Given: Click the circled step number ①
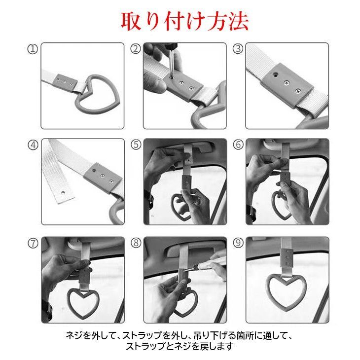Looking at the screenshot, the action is (33, 49).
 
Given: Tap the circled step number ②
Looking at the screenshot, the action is (136, 49).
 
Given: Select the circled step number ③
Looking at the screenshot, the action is (238, 49).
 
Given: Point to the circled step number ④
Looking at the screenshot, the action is (33, 145).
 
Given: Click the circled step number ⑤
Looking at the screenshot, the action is (136, 144).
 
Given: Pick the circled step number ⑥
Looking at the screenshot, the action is (238, 144).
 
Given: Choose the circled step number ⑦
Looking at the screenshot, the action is (33, 243).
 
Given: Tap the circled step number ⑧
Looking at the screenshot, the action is (136, 243).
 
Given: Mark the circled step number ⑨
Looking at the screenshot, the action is (238, 243).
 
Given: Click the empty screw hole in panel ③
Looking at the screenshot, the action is (275, 74).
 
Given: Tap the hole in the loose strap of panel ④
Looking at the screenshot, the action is (64, 192).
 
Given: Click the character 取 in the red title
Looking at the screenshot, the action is (131, 21).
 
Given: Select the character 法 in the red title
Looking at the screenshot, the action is (239, 21).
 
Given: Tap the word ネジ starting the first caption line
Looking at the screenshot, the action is (74, 336).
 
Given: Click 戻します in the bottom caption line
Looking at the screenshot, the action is (217, 346).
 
